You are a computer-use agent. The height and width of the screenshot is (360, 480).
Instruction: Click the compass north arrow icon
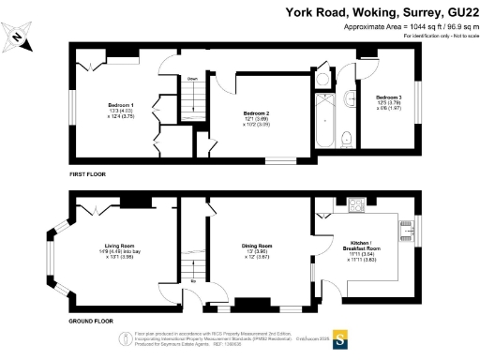[x=21, y=38]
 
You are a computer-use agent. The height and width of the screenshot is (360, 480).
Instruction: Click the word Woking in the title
[x=356, y=11]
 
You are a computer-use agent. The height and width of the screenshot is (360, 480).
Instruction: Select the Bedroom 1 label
[x=120, y=105]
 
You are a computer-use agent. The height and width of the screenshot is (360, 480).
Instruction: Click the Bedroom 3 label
[x=389, y=97]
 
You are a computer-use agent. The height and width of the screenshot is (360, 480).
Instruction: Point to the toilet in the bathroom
[x=347, y=139]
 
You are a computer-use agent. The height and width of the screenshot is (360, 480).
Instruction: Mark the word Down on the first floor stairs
[x=192, y=79]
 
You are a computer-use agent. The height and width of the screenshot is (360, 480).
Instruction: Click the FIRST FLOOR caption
[x=90, y=175]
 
